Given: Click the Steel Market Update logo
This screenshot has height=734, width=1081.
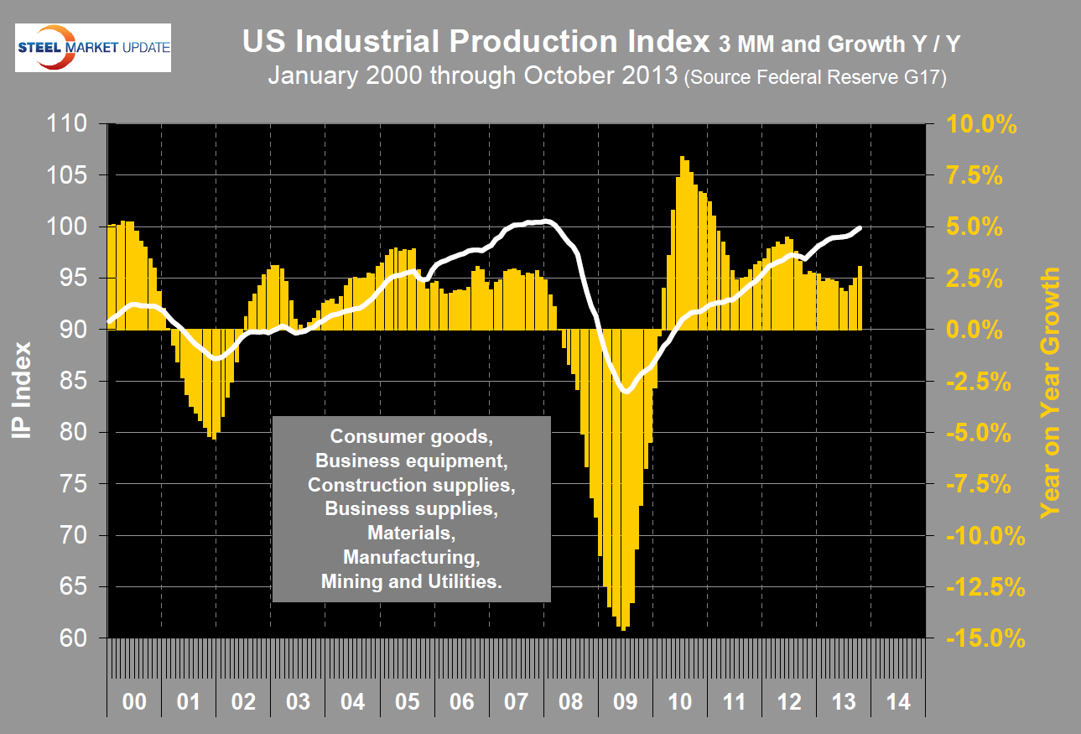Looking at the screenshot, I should [93, 49].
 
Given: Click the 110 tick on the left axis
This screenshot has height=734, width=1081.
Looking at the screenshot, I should [65, 124].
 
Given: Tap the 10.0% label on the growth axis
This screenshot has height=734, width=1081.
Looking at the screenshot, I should [981, 125].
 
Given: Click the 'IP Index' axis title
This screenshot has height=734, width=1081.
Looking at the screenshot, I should [24, 389].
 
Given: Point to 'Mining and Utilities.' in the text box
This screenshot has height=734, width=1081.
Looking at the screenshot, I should [411, 581].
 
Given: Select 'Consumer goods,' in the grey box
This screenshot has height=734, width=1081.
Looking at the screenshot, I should [411, 436].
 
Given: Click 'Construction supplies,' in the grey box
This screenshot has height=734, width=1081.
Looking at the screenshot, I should [411, 485].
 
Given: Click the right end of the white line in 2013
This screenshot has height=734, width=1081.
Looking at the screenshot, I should [860, 227].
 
